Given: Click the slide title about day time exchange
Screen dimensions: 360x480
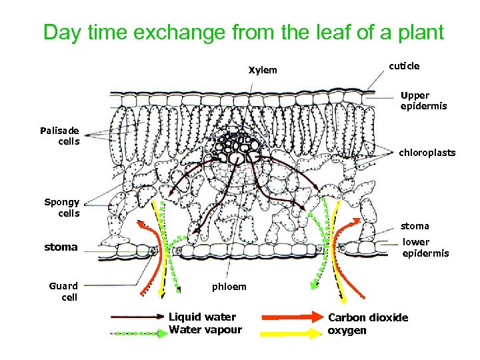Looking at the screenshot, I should click(243, 32).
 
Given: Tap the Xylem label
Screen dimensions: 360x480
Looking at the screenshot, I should click(263, 70).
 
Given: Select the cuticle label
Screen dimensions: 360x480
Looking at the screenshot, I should click(404, 65).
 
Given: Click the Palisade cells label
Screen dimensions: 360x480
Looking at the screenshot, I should click(59, 135).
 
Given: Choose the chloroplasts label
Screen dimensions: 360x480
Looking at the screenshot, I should click(427, 153).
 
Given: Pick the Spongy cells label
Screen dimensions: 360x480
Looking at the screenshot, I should click(62, 207).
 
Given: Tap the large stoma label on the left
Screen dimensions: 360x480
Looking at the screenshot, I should click(61, 247).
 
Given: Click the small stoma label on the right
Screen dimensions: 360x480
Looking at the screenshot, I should click(415, 226).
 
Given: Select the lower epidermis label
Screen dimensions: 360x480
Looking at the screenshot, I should click(425, 247).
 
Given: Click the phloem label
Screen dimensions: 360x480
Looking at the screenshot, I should click(229, 287).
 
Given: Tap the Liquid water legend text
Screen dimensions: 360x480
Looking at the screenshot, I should click(202, 317).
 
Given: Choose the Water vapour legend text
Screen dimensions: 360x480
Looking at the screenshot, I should click(205, 329).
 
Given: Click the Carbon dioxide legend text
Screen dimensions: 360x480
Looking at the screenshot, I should click(368, 317).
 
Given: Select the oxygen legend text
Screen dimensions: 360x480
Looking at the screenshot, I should click(347, 330).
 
